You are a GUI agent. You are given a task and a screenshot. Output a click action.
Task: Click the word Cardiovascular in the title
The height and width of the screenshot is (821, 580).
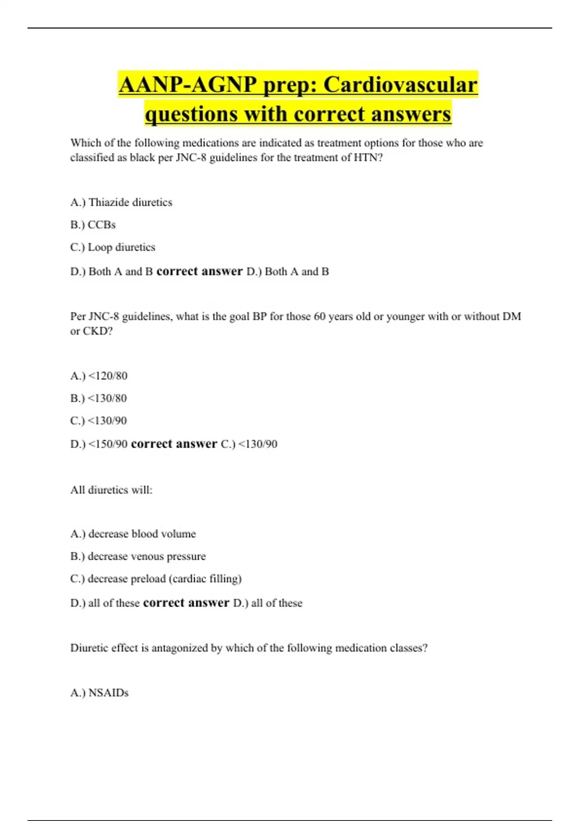[x=400, y=85]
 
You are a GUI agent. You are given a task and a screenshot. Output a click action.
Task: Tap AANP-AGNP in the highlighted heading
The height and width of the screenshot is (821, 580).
[x=188, y=85]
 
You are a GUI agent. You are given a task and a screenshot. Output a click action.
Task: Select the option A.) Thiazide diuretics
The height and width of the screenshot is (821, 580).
[x=121, y=202]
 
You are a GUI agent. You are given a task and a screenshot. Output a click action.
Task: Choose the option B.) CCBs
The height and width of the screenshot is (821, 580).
[x=93, y=225]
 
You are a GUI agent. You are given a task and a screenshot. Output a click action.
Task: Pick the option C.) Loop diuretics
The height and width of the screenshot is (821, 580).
[x=113, y=247]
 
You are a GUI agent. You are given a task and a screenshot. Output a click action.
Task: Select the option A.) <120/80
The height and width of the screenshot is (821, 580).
[x=99, y=376]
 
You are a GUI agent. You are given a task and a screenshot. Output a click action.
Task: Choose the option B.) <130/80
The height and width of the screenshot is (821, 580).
[x=99, y=398]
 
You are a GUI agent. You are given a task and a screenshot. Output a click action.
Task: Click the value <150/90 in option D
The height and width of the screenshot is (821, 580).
[x=108, y=444]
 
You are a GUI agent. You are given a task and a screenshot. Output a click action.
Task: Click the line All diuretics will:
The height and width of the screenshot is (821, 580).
[x=111, y=490]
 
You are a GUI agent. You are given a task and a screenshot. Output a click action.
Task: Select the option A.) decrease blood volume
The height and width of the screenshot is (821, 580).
[x=133, y=534]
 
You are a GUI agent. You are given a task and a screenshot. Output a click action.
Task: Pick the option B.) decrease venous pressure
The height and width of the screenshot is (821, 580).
[x=138, y=556]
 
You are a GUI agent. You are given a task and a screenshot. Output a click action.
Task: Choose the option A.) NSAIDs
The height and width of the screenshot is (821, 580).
[x=100, y=693]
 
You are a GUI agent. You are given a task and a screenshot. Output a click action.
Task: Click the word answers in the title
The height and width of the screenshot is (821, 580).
[x=411, y=114]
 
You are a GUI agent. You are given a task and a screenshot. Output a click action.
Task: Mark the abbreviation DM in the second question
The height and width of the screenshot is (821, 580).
[x=512, y=317]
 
